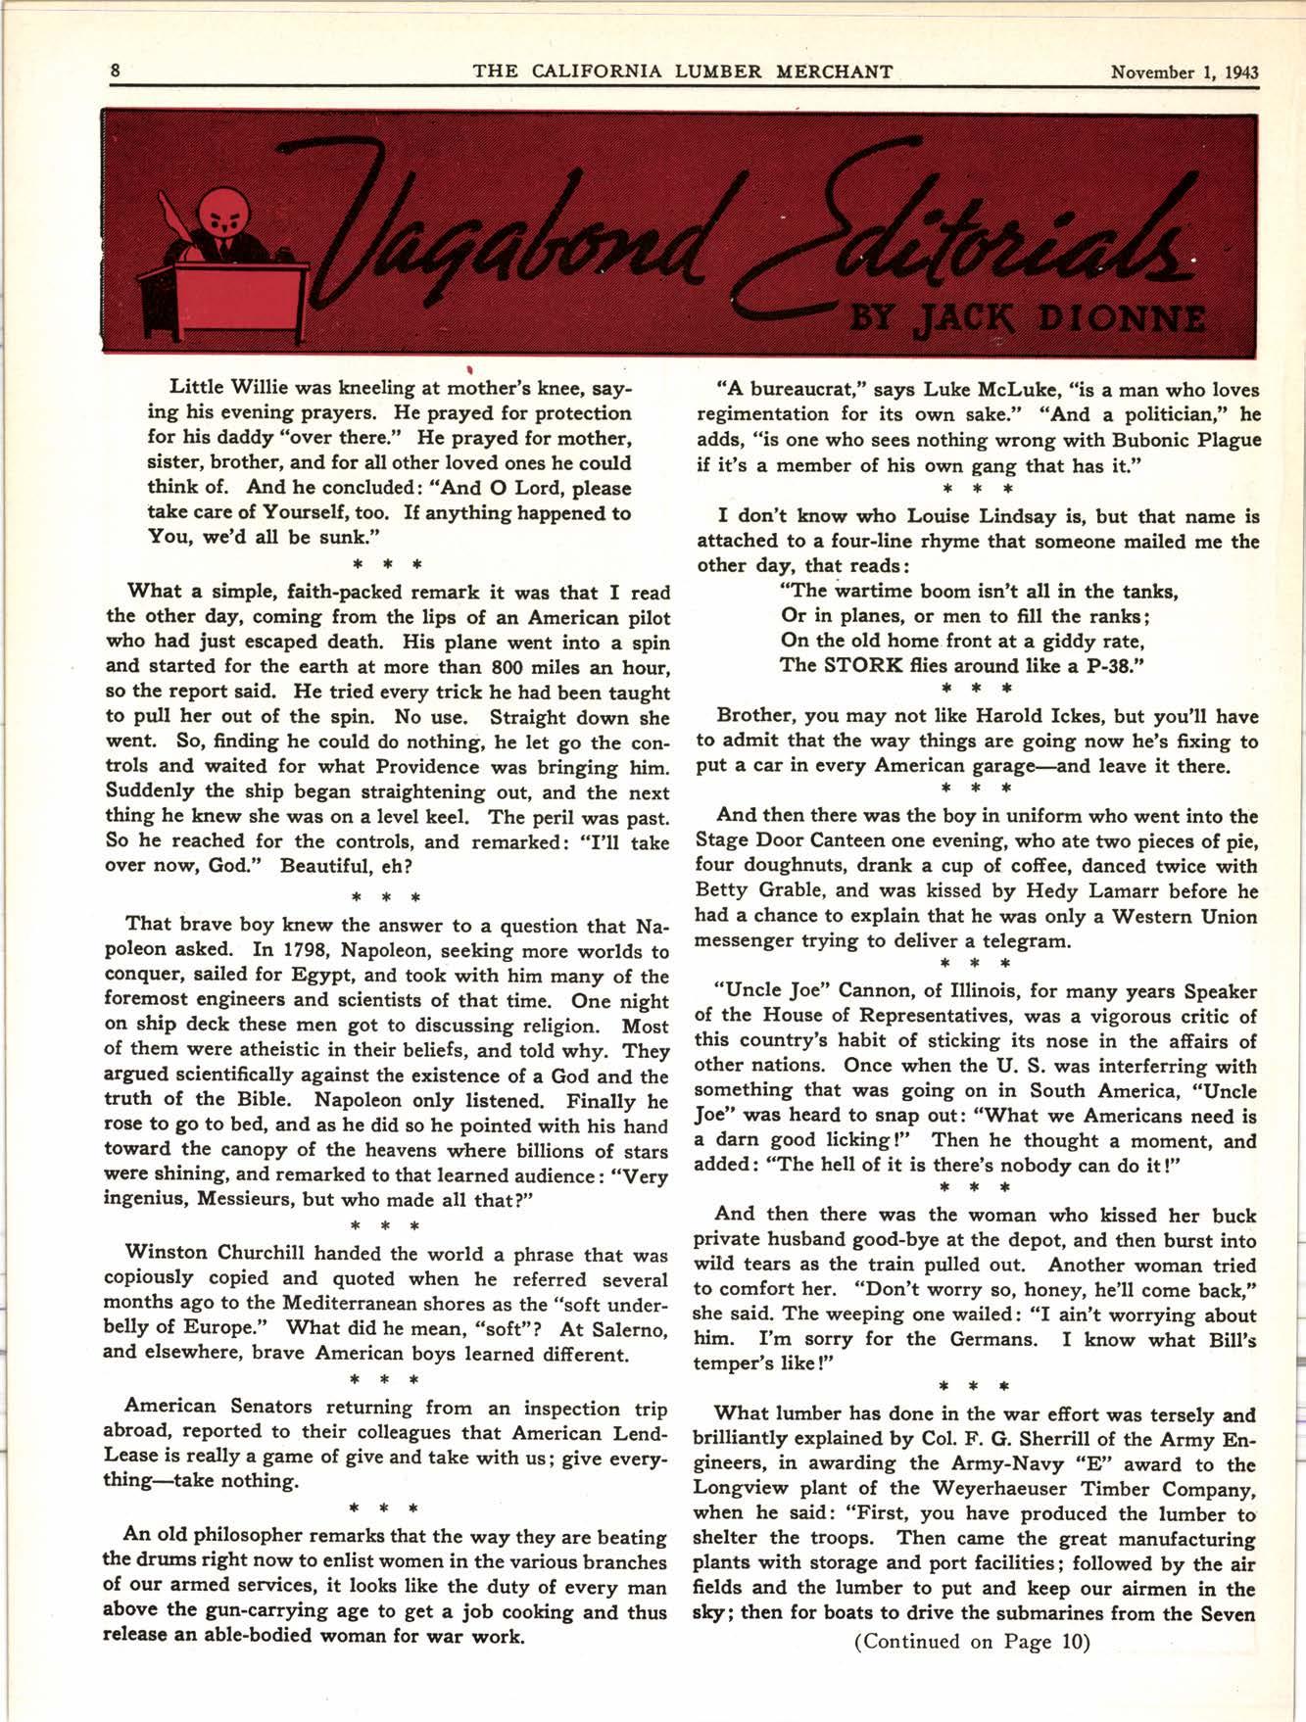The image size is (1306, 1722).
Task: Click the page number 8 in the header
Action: pyautogui.click(x=116, y=71)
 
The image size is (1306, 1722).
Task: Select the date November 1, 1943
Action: pyautogui.click(x=1184, y=72)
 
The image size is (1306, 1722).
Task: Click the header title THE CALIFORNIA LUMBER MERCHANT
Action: pyautogui.click(x=683, y=72)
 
